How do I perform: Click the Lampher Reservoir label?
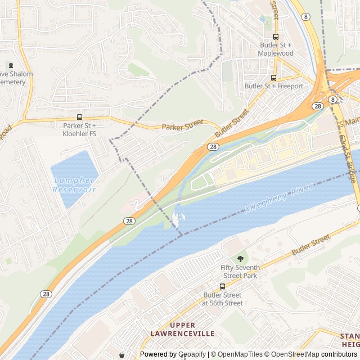click(x=75, y=184)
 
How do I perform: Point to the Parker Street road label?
click(x=182, y=127)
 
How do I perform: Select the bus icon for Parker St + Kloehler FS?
click(x=79, y=117)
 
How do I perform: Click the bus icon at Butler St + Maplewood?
click(x=276, y=37)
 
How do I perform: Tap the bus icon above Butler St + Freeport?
click(x=274, y=78)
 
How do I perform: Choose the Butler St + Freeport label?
click(x=274, y=86)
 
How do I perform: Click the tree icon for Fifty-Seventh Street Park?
click(x=241, y=258)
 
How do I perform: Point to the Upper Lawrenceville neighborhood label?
click(x=182, y=330)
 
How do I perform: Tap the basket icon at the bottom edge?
click(x=121, y=355)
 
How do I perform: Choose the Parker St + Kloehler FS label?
click(x=79, y=129)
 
